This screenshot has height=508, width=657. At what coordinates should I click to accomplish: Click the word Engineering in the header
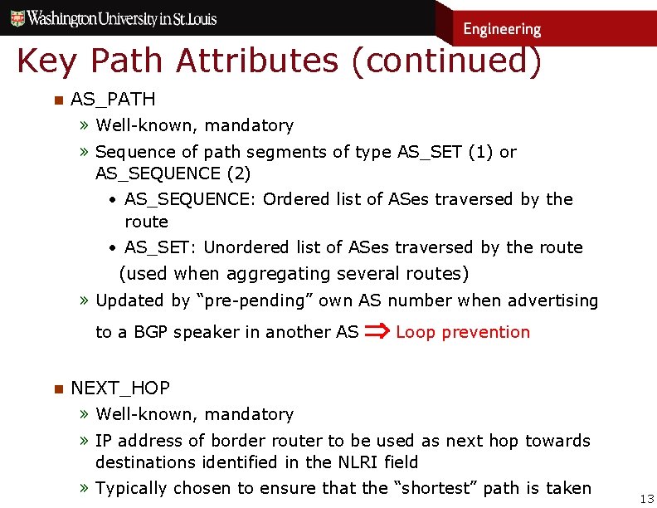coord(502,29)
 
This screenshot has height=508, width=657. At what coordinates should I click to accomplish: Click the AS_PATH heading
coord(113,99)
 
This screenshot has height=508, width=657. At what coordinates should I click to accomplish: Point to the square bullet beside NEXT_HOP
coord(57,388)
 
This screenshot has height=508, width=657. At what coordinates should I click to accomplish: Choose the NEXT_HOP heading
coord(120,388)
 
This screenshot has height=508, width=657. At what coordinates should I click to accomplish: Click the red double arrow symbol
coord(377,332)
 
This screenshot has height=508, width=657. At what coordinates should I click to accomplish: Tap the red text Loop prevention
coord(463,332)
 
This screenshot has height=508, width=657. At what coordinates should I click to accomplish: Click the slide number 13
coord(647,498)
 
